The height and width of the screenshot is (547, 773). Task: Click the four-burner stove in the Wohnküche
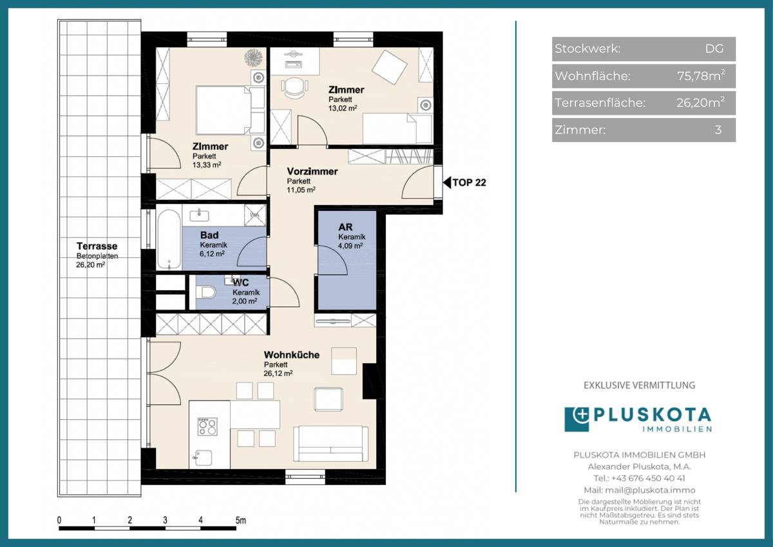pyautogui.click(x=207, y=426)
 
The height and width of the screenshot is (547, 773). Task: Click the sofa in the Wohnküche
pyautogui.click(x=330, y=444)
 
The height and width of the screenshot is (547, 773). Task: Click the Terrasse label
pyautogui.click(x=97, y=246)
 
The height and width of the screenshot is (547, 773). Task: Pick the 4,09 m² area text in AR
pyautogui.click(x=351, y=245)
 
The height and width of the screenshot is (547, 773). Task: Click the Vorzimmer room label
pyautogui.click(x=312, y=171)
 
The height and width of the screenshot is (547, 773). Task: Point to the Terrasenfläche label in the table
pyautogui.click(x=600, y=103)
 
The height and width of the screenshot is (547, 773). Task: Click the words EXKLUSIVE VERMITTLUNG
pyautogui.click(x=639, y=385)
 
